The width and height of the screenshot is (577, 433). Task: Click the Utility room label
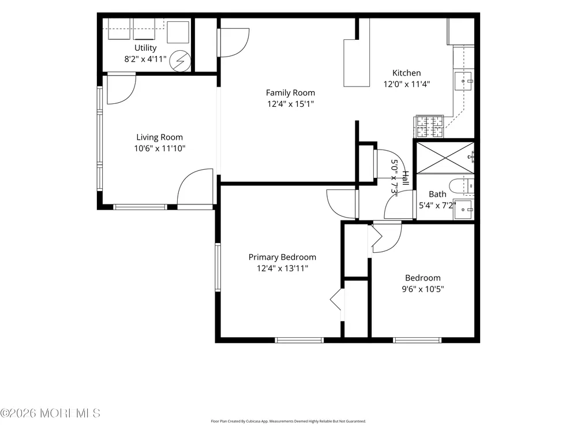[145, 48]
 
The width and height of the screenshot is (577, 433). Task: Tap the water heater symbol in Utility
[180, 61]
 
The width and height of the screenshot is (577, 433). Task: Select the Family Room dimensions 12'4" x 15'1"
[290, 104]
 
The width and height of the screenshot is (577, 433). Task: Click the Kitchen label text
[407, 73]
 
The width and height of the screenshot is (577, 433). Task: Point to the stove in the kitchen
[429, 126]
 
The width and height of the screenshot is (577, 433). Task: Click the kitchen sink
[464, 81]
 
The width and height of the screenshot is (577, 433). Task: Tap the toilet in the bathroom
[462, 185]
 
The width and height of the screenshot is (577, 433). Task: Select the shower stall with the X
[445, 157]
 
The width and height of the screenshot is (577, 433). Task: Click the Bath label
[437, 194]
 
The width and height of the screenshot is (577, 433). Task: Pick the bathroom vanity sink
[464, 210]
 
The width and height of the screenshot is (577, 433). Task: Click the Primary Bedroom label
[282, 257]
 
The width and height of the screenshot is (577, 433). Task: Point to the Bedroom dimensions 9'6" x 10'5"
[423, 289]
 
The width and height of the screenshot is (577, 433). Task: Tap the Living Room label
[160, 137]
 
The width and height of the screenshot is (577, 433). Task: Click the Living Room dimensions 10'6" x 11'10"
[160, 148]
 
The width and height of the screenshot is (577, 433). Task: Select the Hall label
[405, 178]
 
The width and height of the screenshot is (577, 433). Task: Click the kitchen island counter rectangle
[357, 63]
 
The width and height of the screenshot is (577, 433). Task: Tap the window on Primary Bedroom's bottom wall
[299, 340]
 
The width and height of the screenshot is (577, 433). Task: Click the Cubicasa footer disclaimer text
[288, 421]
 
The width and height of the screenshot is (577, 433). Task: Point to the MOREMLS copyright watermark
[50, 413]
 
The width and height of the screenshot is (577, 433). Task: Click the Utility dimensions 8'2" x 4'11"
[145, 59]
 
